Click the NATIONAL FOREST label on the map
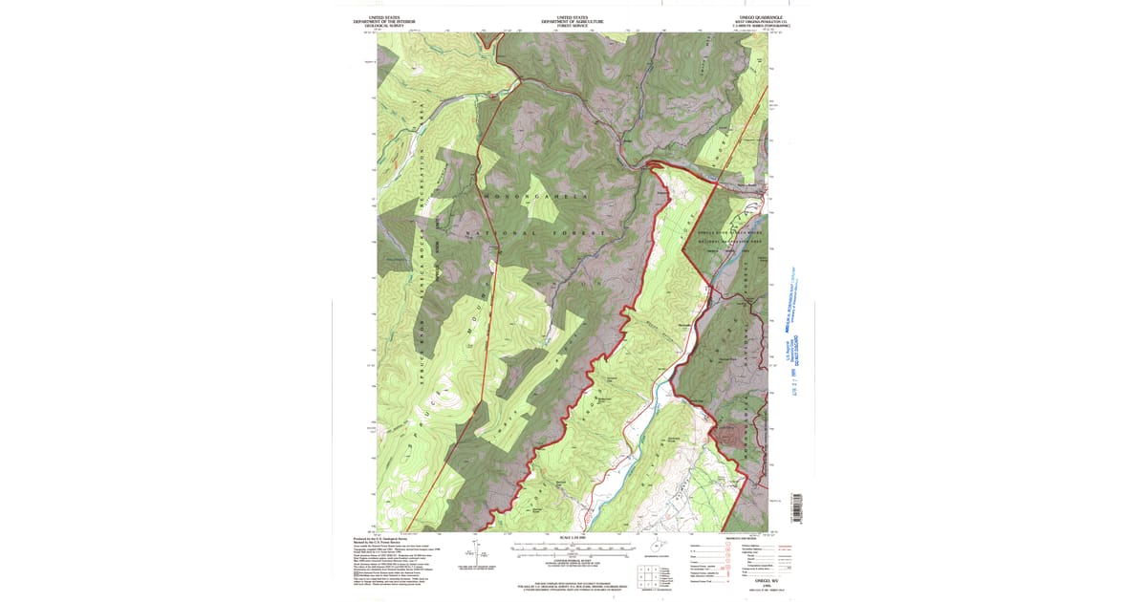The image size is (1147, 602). coord(535,233)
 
